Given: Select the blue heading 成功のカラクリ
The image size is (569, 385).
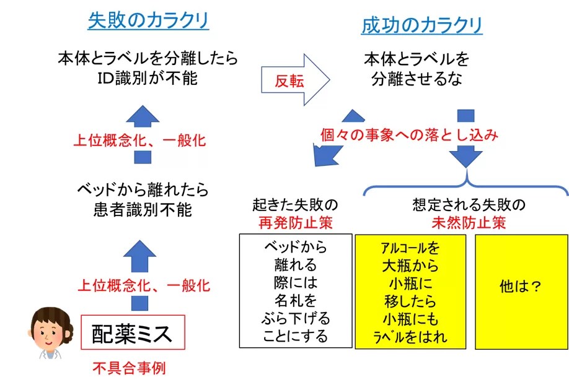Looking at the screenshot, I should [x=421, y=25].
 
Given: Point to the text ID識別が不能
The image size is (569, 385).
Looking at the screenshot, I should [x=148, y=79].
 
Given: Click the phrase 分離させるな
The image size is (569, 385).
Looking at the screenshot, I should [x=417, y=79].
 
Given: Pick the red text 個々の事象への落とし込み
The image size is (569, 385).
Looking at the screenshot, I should [x=409, y=135].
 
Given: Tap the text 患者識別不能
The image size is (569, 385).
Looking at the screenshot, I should [x=143, y=209].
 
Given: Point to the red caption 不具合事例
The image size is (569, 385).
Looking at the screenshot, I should [x=129, y=368].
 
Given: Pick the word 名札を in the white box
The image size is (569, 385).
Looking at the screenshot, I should [x=296, y=301].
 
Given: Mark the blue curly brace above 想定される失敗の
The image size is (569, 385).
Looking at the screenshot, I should [x=465, y=183].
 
